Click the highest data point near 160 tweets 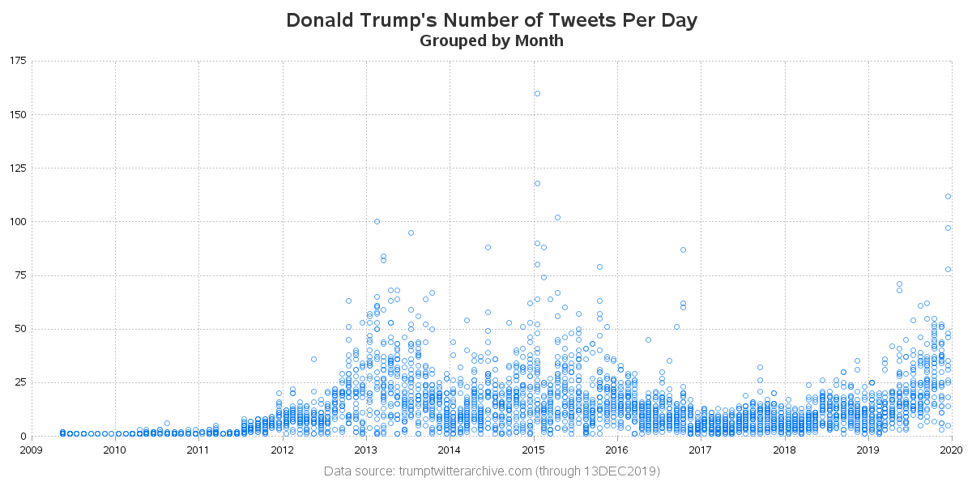coord(537,93)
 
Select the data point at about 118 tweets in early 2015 coord(537,183)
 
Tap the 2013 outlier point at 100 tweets coord(377,222)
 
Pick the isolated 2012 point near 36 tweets coord(313,359)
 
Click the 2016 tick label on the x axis coord(616,449)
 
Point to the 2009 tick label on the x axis coord(31,449)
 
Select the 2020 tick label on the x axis coord(951,449)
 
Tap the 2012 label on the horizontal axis coord(282,449)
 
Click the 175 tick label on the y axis coord(17,61)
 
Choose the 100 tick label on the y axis coord(17,222)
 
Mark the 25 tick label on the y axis coord(19,382)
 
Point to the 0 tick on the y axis coord(23,436)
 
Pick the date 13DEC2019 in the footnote coord(625,471)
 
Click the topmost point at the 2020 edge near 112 coord(948,196)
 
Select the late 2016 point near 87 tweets coord(683,249)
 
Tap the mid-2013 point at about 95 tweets coord(411,232)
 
